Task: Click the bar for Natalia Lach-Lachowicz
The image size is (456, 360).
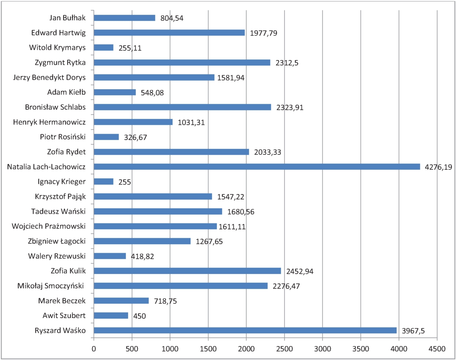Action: point(257,167)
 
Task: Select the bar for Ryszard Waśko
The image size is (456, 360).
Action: point(245,330)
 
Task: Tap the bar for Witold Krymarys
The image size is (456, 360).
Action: point(103,47)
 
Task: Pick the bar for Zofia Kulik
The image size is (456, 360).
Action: point(187,271)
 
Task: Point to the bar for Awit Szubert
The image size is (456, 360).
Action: point(111,316)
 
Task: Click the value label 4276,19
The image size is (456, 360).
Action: point(438,167)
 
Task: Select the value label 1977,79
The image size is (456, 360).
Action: point(264,33)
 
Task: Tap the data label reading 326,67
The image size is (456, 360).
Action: point(136,137)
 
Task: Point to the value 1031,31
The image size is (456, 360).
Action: point(191,123)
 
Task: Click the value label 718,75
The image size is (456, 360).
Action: point(163,301)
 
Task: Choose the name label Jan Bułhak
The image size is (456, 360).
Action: point(68,18)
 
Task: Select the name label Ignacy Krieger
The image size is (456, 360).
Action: point(62,181)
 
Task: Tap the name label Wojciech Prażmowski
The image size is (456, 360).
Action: point(49,226)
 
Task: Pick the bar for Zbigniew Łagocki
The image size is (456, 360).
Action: point(142,241)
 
